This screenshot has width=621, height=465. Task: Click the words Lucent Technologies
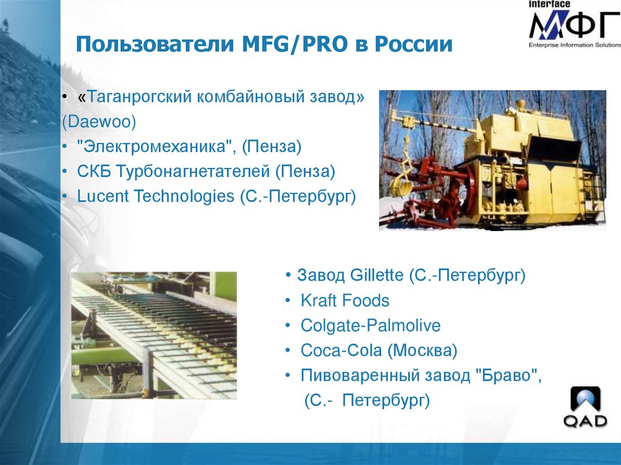coord(155,196)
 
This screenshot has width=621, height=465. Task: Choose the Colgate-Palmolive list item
coord(371,326)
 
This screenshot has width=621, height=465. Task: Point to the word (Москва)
coord(422,350)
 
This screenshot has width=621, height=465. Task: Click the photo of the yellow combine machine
coord(492,160)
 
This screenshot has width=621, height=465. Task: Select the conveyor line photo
coord(153,335)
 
